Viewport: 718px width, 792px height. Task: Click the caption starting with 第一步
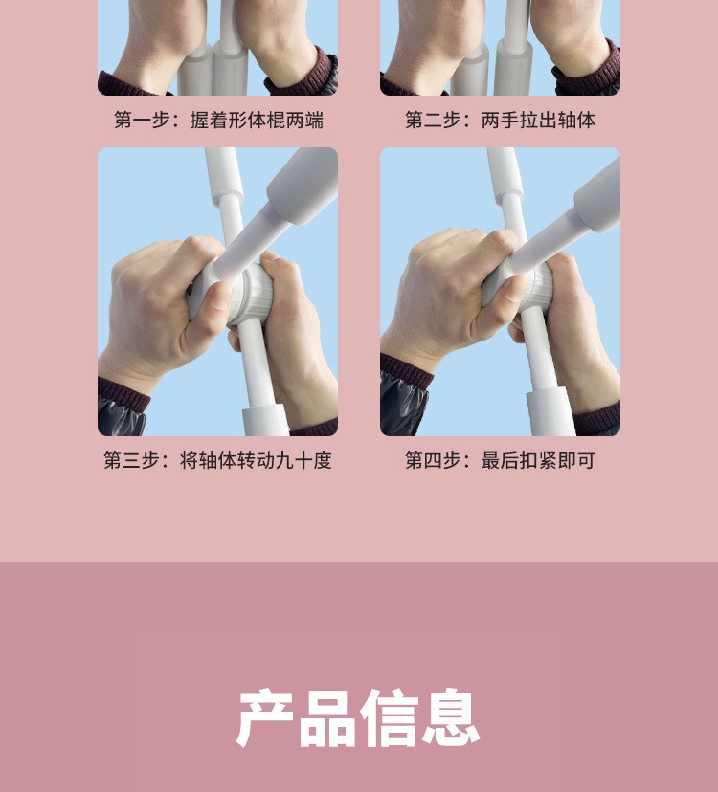click(x=218, y=121)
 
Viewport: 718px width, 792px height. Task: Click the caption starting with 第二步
click(x=500, y=121)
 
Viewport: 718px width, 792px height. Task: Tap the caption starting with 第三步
click(x=218, y=461)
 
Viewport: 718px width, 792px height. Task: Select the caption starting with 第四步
click(x=500, y=461)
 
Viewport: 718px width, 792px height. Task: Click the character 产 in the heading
click(x=265, y=717)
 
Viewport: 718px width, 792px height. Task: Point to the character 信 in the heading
click(x=390, y=717)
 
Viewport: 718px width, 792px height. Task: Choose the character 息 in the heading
click(x=451, y=717)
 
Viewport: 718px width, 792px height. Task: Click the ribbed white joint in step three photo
click(x=250, y=294)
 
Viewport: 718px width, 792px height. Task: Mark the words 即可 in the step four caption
click(x=576, y=461)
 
